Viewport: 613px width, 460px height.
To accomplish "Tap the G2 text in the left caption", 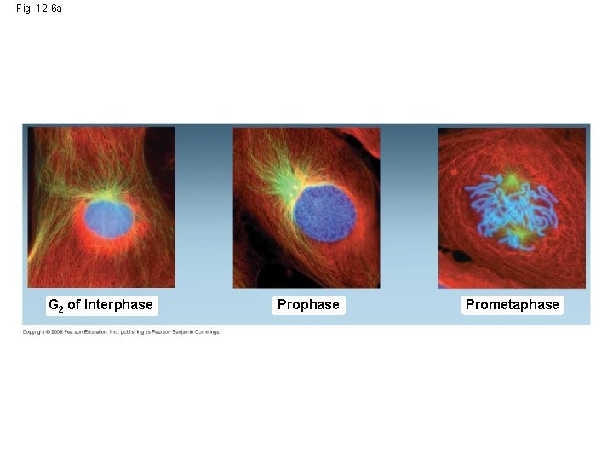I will coord(55,305).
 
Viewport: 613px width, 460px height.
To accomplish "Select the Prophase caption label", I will coord(308,304).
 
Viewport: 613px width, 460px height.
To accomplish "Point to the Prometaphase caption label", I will coord(513,304).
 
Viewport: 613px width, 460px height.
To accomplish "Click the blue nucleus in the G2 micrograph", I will coord(108,219).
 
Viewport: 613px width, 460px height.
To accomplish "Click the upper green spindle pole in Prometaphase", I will coord(512,181).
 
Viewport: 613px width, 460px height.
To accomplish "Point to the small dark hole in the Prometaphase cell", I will coord(461,255).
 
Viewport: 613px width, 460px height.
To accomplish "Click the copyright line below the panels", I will coord(122,332).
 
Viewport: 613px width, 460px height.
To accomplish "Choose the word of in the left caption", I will coord(73,304).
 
